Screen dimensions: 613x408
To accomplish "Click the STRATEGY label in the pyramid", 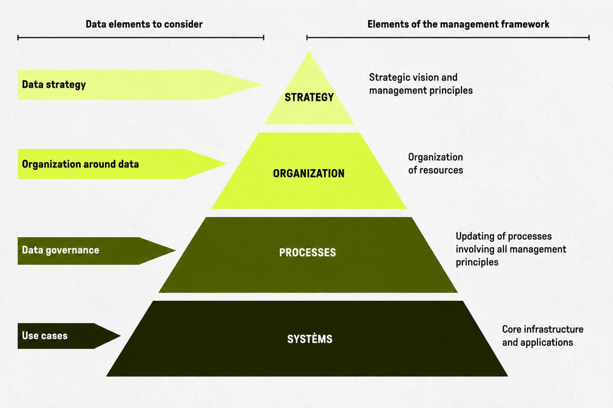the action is (x=309, y=97).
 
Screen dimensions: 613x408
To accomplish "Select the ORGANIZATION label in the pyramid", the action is (x=309, y=173).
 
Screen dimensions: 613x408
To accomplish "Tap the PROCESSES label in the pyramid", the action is (x=307, y=252).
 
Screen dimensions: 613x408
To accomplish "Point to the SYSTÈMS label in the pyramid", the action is (x=310, y=339).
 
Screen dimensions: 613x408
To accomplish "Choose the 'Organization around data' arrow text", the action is (x=81, y=164).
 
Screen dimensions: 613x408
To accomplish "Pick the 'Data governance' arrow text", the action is (x=61, y=250).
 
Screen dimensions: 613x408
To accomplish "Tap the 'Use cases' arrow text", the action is (x=45, y=336).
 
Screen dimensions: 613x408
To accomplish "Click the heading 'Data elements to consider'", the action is (x=144, y=24).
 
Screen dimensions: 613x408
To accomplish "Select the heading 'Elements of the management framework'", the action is (x=458, y=24).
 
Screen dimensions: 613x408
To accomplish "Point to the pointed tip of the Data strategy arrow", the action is (x=263, y=85).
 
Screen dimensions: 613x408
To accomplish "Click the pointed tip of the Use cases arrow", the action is (x=120, y=336).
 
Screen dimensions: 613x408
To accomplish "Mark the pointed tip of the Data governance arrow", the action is (x=175, y=250).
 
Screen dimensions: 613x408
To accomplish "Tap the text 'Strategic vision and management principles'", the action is (x=421, y=84).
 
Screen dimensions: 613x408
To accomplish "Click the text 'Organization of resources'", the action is (x=436, y=164).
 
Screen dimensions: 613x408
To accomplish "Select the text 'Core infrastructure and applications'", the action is (x=543, y=336).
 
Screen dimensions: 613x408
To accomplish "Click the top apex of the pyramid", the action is (x=309, y=52).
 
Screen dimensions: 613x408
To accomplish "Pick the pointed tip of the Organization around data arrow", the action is (x=227, y=164).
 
